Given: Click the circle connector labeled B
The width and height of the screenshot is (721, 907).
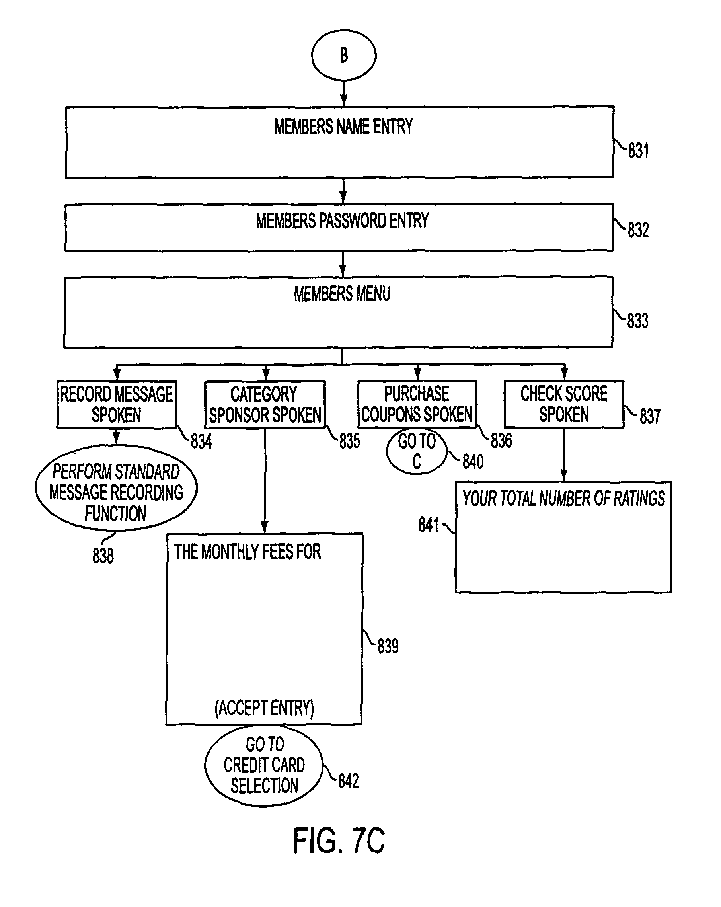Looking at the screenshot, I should point(344,55).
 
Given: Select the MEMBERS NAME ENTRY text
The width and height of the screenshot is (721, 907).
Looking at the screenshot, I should point(343,127).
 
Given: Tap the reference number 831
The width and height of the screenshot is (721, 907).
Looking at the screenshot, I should point(638,150).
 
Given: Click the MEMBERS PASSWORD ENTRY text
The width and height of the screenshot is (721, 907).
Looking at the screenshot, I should point(342,221).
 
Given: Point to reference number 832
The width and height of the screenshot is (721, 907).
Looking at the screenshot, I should point(638,230).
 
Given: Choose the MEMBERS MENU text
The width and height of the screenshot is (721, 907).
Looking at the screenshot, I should point(342,294).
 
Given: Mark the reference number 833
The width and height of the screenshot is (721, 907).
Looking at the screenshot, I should point(638,321).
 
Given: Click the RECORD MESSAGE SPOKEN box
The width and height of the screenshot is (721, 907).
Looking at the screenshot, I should point(117,405).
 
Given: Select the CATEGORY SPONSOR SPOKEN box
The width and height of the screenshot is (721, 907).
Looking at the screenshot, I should point(265,405).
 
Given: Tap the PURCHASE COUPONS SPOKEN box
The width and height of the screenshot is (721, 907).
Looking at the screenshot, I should point(417,404).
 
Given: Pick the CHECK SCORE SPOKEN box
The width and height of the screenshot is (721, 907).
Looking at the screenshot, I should point(564,404).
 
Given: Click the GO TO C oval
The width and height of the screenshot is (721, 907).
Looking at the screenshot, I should point(417,451).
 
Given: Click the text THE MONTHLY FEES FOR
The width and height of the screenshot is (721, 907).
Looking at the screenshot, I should point(247,552).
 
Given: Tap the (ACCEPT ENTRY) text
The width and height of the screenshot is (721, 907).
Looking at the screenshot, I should point(264,708).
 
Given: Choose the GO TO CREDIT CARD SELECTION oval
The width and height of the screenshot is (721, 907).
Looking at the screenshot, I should point(264,765).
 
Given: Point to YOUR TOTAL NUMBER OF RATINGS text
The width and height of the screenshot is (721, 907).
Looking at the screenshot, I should point(563,499).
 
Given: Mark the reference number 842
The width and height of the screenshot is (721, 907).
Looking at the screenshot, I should point(348,781).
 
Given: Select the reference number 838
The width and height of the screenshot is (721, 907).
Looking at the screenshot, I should point(103,556).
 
